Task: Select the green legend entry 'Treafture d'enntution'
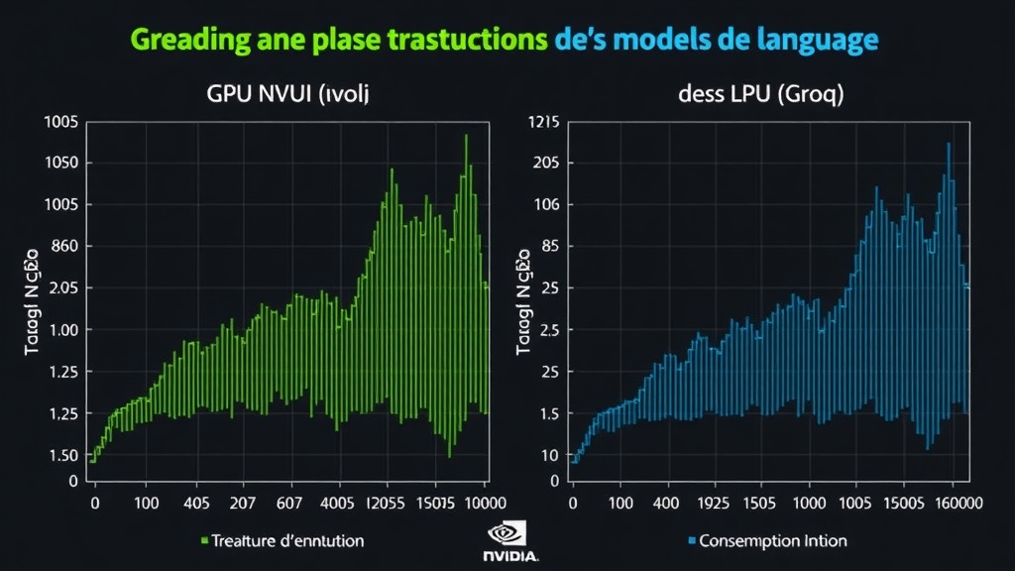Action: tap(282, 541)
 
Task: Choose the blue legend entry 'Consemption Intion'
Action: tap(767, 541)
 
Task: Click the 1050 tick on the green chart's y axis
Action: tap(60, 164)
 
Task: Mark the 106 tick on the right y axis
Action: tap(546, 205)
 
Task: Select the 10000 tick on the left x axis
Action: tap(469, 503)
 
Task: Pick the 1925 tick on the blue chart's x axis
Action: tap(700, 503)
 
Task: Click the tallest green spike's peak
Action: tap(466, 136)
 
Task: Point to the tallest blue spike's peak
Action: tap(949, 144)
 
